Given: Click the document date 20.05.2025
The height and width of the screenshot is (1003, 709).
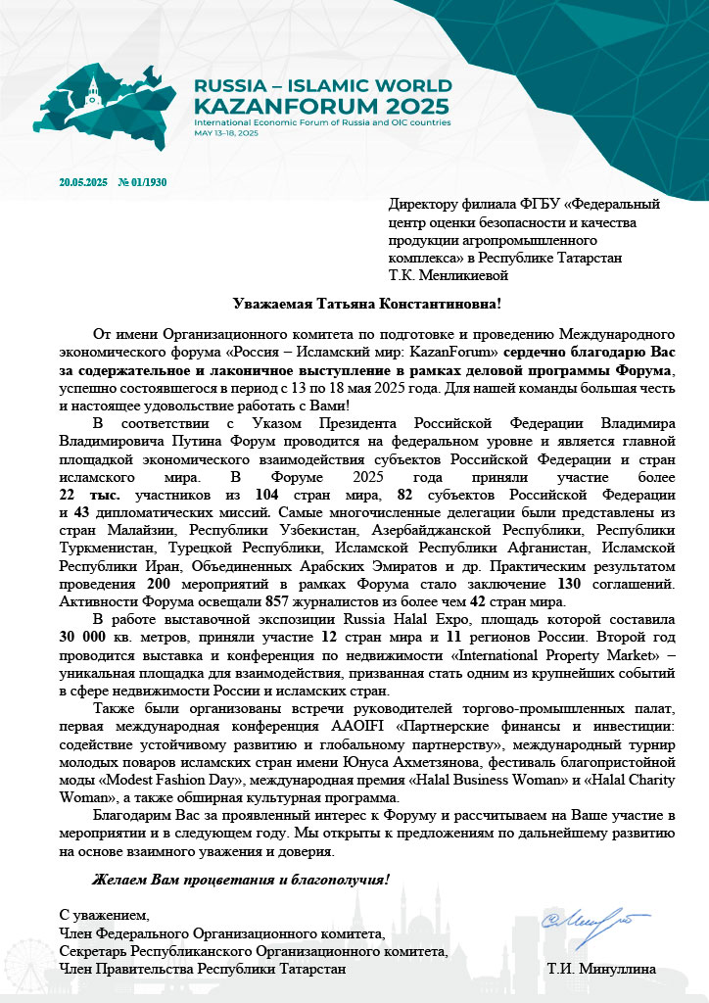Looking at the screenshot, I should pos(83,182).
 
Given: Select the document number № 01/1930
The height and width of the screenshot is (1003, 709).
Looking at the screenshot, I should pos(142,182).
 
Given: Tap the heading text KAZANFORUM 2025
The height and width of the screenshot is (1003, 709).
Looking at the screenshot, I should pos(322,105).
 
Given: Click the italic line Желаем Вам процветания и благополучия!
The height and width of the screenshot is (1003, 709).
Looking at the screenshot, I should pos(240,878).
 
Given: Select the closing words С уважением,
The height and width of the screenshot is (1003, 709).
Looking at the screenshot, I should pos(106,915).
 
